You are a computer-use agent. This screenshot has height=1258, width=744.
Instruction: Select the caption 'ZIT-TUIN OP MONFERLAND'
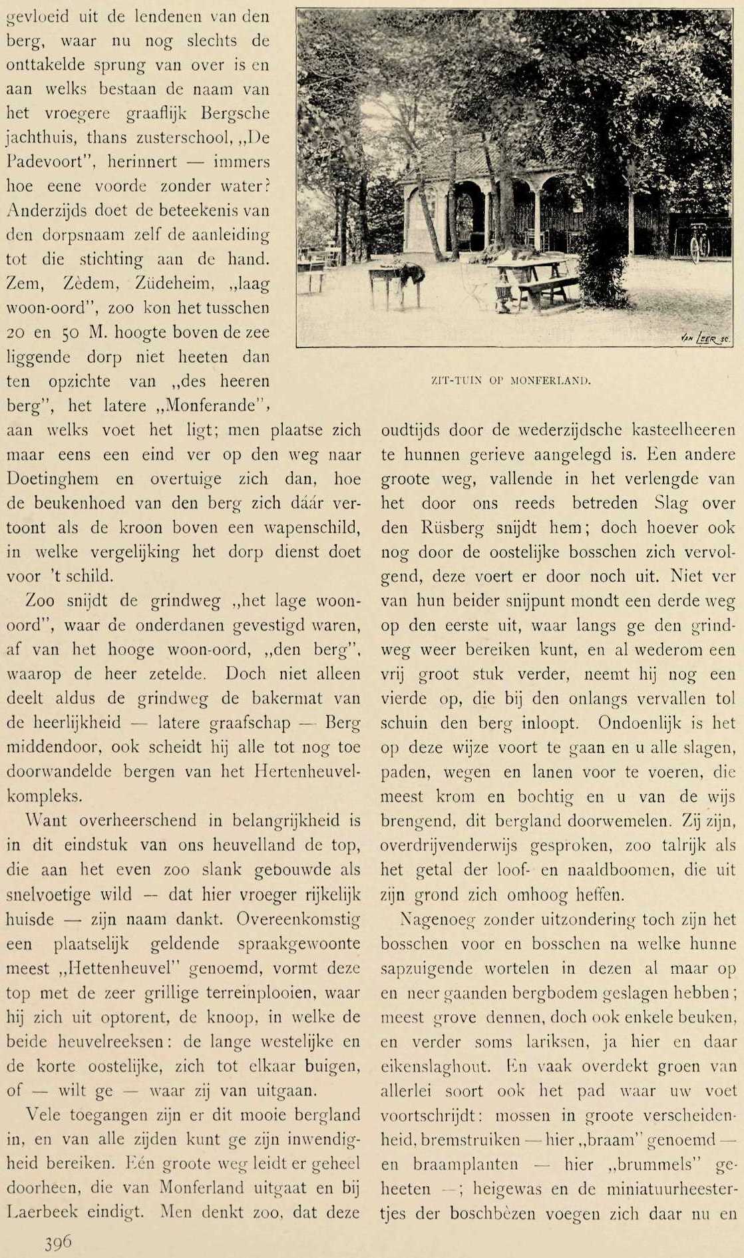511,381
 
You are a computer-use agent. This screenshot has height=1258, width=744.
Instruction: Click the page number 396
58,1242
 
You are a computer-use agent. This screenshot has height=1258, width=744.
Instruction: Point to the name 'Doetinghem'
53,479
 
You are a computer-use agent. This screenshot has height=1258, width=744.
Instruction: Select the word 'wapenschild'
313,528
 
